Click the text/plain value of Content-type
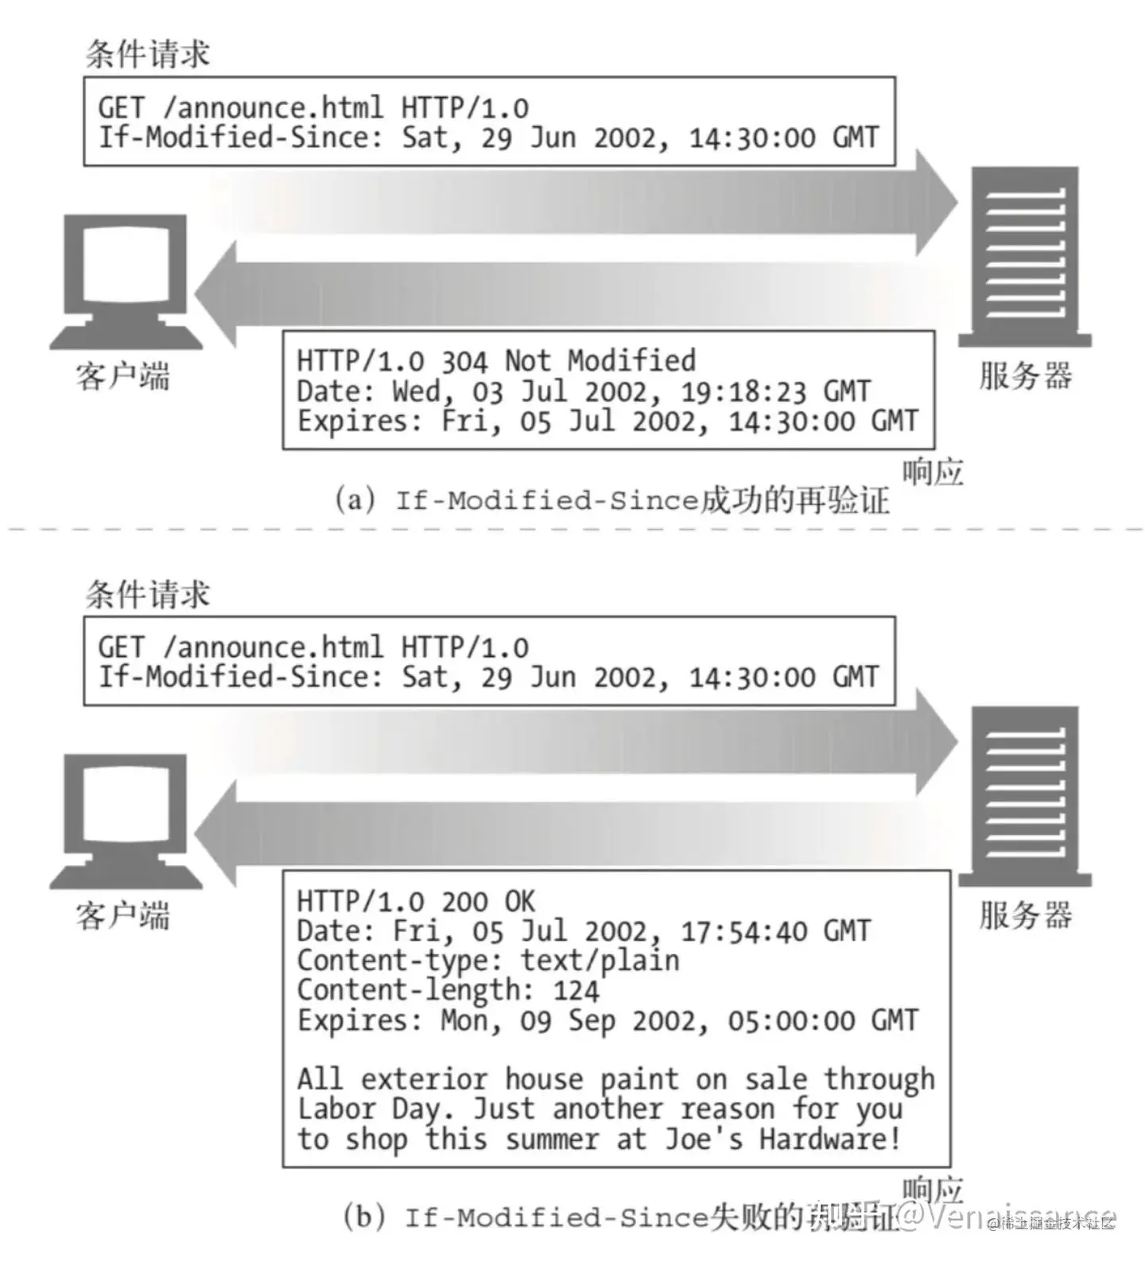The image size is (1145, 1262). coord(600,961)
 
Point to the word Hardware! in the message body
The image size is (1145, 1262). coord(830,1139)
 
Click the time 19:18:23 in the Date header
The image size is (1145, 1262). coord(743,392)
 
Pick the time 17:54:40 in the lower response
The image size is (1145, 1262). coord(743,931)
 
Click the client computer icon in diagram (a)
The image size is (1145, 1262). coord(126,282)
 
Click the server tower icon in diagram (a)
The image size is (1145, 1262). coord(1025,257)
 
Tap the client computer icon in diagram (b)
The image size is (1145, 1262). coord(126,821)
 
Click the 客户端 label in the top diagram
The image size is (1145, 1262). coord(123,376)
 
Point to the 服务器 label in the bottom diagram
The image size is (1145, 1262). coord(1025,915)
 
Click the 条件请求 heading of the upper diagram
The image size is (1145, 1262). coord(148,54)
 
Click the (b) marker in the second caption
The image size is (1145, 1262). coord(363,1217)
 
